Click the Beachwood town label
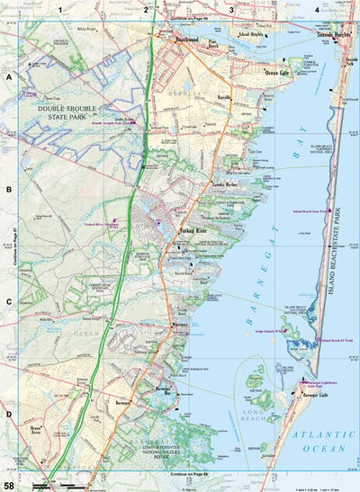(186, 40)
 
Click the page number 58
(8, 485)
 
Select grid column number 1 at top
(61, 10)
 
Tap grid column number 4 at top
(316, 10)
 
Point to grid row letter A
(9, 77)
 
